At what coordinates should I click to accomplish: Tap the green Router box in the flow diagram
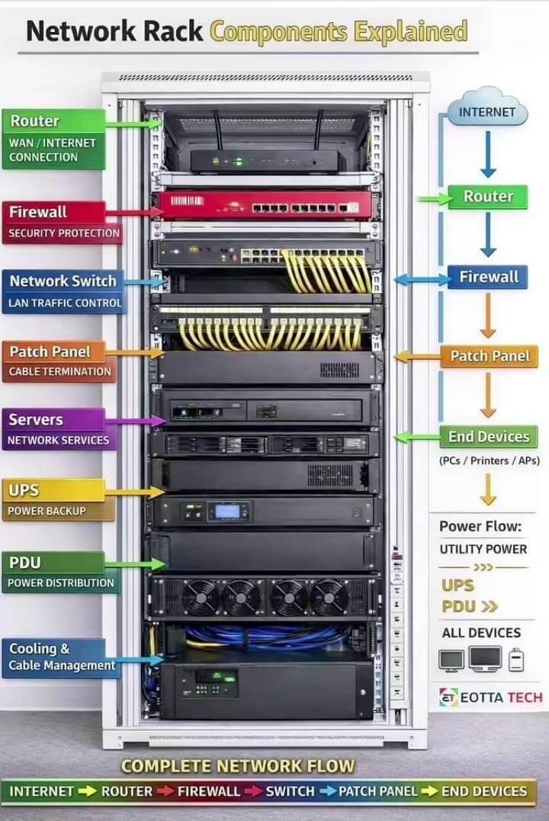tap(488, 197)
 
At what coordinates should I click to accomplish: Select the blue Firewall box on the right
tap(488, 277)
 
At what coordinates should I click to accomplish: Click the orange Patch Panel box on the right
tap(490, 357)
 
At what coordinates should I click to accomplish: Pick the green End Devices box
tap(489, 437)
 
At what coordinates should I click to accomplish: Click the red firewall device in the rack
tap(265, 205)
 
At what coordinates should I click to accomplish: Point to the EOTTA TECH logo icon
tap(449, 697)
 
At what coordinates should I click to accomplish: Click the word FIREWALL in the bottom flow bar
tap(208, 791)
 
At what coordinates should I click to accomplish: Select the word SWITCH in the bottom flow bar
tap(290, 791)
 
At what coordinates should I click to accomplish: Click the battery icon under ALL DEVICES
tap(516, 659)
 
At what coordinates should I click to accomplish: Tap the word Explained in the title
tap(411, 32)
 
